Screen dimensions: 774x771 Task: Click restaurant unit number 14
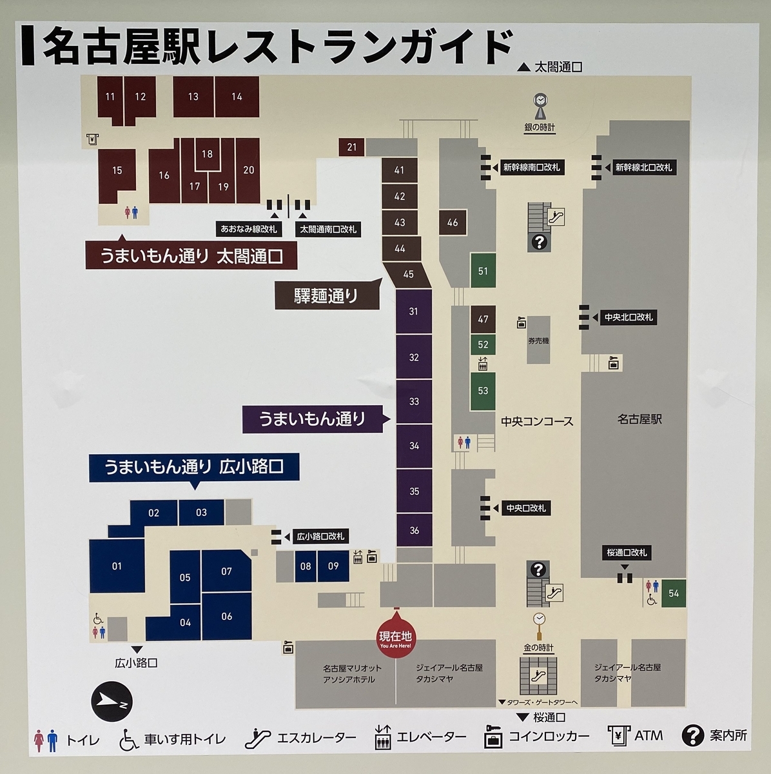tap(237, 97)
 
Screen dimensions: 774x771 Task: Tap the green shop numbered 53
tap(483, 391)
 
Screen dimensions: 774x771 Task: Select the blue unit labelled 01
tap(117, 566)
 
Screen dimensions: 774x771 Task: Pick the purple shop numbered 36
tap(414, 530)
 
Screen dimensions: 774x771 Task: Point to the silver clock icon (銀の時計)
tap(540, 103)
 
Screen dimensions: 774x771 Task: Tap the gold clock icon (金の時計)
tap(539, 620)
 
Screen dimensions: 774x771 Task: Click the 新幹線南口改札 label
tap(531, 168)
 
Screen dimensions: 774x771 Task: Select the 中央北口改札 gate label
tap(628, 317)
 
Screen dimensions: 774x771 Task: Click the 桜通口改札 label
tap(627, 553)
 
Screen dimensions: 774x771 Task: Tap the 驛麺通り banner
tap(326, 296)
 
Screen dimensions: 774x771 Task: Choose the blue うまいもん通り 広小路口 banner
tap(194, 466)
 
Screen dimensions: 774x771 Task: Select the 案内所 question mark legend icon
tap(693, 735)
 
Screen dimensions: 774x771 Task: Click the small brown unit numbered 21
tap(351, 147)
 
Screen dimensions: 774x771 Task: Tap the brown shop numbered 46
tap(453, 223)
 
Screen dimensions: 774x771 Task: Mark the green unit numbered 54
tap(674, 593)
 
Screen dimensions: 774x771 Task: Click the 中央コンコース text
tap(537, 422)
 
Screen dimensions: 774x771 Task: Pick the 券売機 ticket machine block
tap(539, 340)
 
